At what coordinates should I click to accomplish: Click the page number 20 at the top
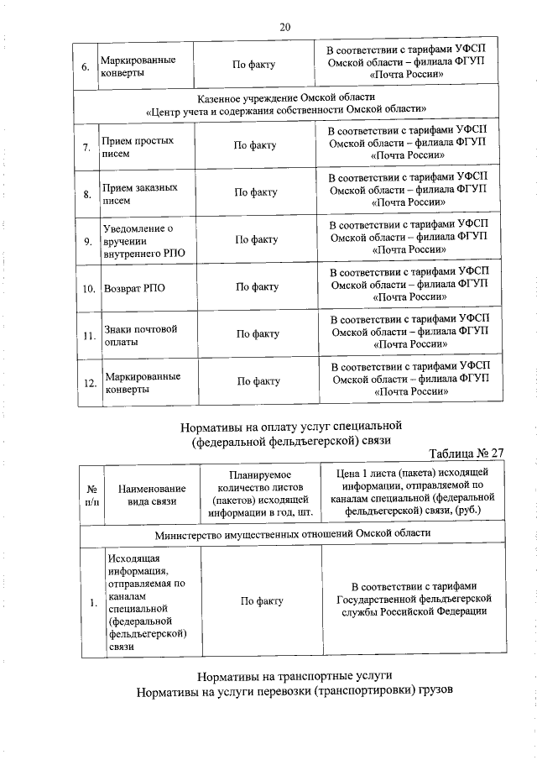pos(284,27)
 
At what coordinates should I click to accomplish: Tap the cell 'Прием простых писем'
pos(138,146)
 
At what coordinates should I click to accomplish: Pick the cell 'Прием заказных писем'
pos(138,193)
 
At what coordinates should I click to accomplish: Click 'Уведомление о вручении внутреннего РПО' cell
pos(139,240)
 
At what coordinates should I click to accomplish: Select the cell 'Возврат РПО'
pos(134,287)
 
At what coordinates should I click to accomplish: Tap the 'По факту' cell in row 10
pos(257,287)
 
